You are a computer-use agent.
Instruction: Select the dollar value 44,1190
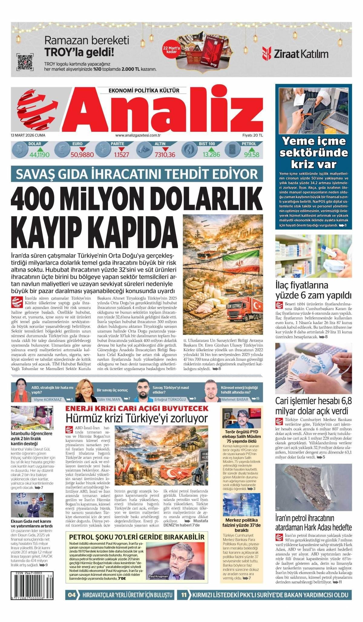(x=40, y=155)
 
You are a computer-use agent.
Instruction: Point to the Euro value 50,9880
(x=82, y=155)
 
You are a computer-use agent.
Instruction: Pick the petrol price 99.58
(x=252, y=155)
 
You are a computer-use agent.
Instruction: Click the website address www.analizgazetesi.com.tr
(x=138, y=135)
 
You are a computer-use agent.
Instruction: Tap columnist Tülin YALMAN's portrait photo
(x=85, y=390)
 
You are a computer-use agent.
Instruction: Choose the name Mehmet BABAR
(x=235, y=399)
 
